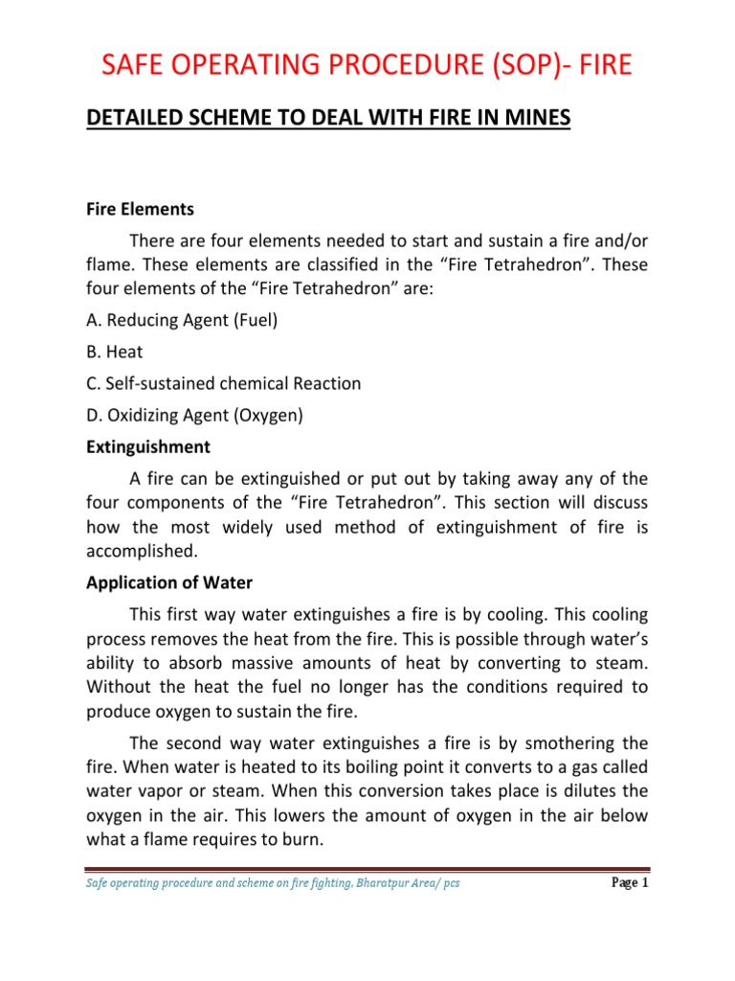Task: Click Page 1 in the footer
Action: tap(630, 882)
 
